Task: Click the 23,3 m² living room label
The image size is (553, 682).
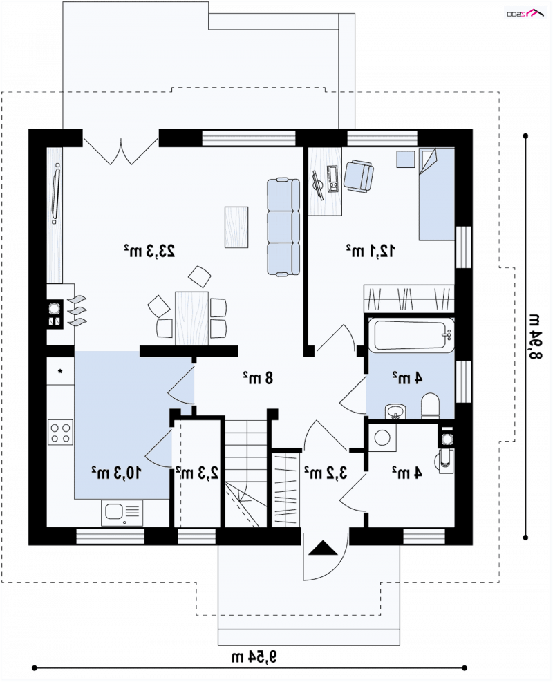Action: [x=149, y=251]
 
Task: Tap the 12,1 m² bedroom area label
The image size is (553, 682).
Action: [x=371, y=251]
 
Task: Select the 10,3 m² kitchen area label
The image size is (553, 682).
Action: [x=116, y=473]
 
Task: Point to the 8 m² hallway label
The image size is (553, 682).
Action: [x=258, y=377]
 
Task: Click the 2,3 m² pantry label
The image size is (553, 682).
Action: [x=197, y=473]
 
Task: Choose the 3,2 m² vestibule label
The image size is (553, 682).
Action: [x=326, y=473]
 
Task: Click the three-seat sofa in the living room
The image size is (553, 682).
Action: [x=283, y=227]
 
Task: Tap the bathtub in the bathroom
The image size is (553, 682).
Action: [x=411, y=334]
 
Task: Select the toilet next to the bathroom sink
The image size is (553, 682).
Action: [x=431, y=406]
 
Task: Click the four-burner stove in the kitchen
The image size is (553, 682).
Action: [x=60, y=432]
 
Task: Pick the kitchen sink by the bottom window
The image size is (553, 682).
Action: [x=122, y=513]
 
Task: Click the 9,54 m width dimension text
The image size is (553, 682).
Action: [x=254, y=656]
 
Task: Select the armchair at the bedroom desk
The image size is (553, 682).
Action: [x=359, y=176]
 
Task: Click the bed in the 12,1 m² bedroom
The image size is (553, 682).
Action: [x=436, y=194]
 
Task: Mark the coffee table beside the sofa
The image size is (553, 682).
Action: [x=236, y=227]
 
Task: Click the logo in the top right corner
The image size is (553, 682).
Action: [x=525, y=14]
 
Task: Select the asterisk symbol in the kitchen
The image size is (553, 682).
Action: [x=60, y=372]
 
